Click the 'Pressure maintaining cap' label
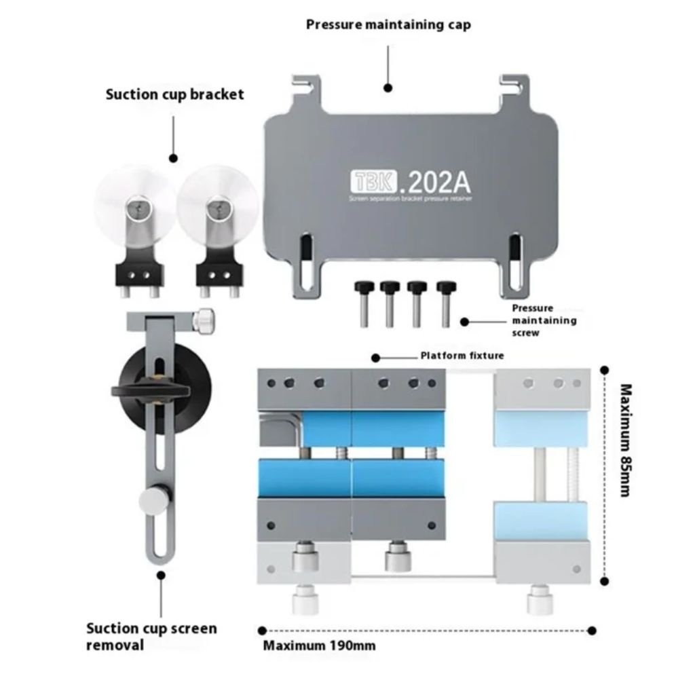[x=388, y=24]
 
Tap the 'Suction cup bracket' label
[x=174, y=94]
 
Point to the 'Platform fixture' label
[x=462, y=355]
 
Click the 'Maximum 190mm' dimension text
[x=319, y=645]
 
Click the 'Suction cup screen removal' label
[x=151, y=636]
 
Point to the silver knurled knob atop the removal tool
[x=204, y=320]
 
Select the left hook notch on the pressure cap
[x=301, y=86]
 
